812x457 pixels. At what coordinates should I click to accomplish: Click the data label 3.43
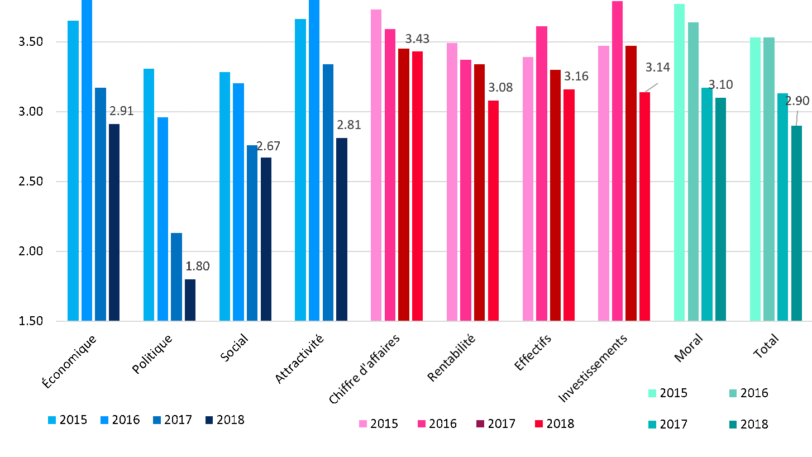(417, 39)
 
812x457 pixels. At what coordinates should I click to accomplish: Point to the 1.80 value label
(198, 266)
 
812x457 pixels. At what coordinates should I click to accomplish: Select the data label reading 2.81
(349, 125)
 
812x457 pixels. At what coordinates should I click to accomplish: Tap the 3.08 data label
(500, 88)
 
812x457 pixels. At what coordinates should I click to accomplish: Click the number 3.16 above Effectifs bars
(576, 77)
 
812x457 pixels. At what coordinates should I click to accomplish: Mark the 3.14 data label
(658, 68)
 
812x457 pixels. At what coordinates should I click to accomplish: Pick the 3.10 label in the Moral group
(720, 85)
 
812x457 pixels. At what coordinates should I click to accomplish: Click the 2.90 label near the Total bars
(797, 101)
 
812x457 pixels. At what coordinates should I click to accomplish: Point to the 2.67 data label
(268, 146)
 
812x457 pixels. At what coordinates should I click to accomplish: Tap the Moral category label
(689, 348)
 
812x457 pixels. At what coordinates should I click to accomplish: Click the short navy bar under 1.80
(190, 300)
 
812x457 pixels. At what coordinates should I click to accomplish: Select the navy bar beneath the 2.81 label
(342, 229)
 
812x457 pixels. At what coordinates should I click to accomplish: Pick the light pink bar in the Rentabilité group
(452, 182)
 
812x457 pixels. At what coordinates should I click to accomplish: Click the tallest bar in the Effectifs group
(542, 173)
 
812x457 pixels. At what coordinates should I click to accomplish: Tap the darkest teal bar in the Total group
(796, 223)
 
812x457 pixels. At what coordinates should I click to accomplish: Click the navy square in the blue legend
(209, 420)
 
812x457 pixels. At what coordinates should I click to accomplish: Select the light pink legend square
(363, 424)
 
